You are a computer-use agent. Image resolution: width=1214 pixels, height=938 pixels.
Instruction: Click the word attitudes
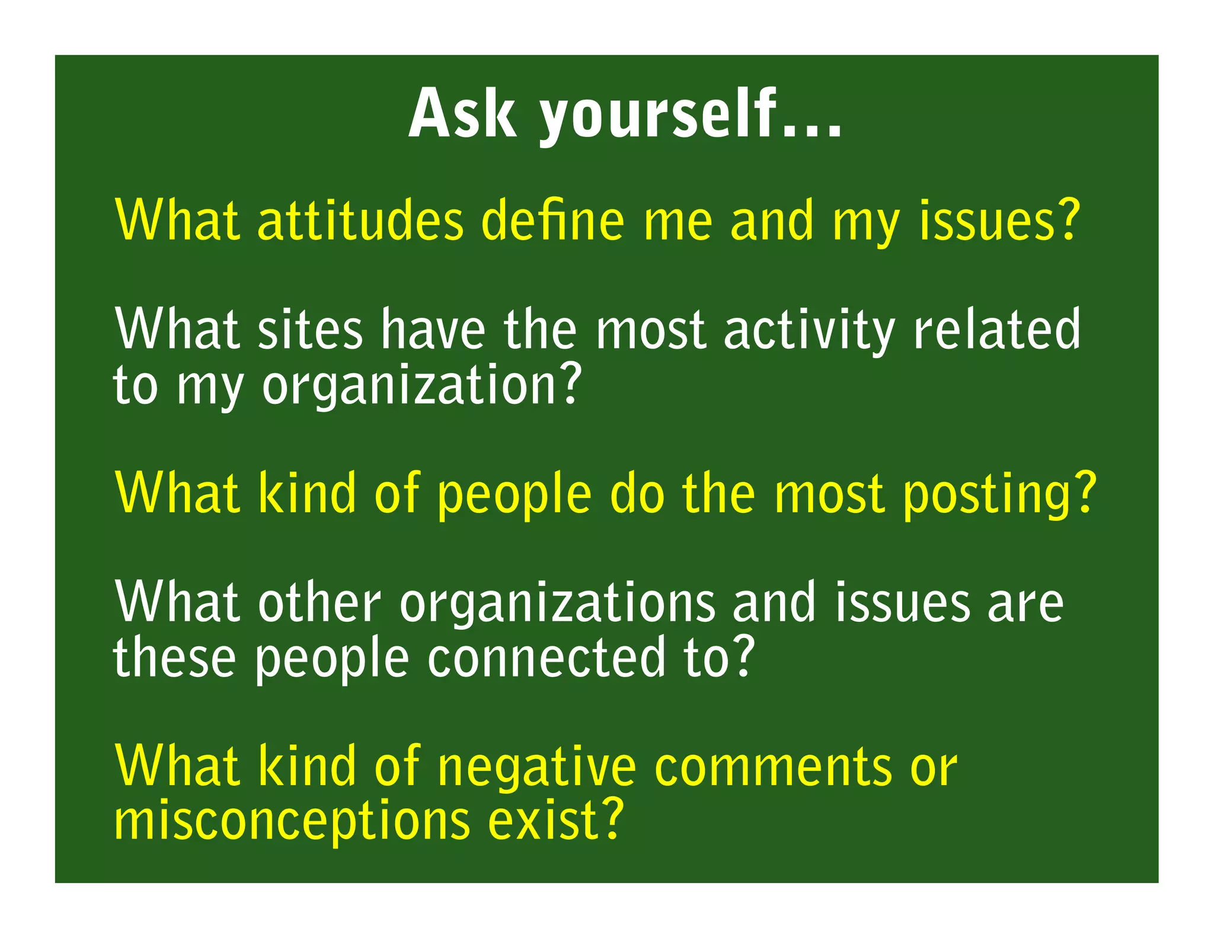click(x=360, y=220)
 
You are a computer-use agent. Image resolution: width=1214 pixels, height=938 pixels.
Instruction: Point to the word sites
click(x=310, y=330)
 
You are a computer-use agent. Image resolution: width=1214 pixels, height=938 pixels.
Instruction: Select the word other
click(x=319, y=603)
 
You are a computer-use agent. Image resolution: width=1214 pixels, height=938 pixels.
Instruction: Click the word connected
click(x=546, y=658)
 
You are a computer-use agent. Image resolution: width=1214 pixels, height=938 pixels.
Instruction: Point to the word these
click(x=174, y=658)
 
